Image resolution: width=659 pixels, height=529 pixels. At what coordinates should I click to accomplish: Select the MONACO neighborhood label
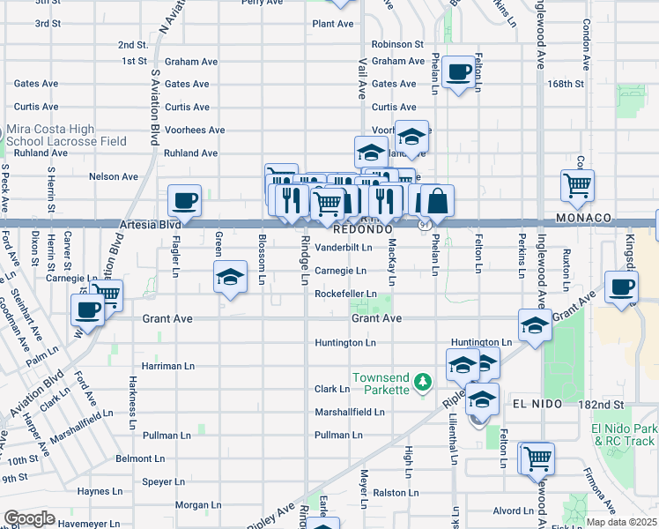point(583,218)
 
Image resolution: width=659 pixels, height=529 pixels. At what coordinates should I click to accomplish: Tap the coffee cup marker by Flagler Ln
point(184,200)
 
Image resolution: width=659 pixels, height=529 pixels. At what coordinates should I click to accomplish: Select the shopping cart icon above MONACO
point(577,185)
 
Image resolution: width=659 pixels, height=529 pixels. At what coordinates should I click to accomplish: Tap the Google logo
point(29,518)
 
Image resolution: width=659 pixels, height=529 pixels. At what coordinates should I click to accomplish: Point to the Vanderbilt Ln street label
point(344,248)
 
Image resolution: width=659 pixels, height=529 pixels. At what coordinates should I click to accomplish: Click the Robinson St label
point(397,43)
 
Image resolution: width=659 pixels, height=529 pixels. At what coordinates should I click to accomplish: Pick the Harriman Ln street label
point(168,365)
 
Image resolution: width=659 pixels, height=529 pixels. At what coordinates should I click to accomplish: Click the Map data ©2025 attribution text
point(621,522)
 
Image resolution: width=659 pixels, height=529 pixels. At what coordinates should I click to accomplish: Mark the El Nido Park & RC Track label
point(624,435)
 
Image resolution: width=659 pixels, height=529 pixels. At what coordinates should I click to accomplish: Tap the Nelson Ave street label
point(114,176)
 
